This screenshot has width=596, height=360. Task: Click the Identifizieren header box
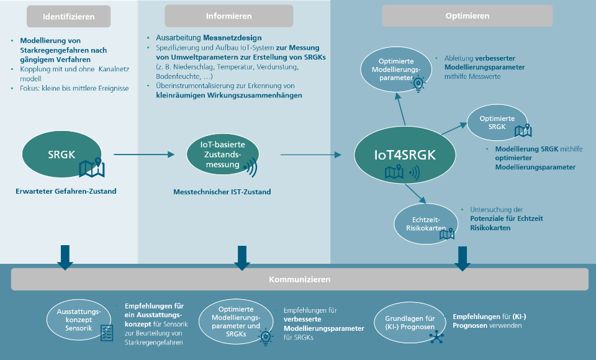pos(69,16)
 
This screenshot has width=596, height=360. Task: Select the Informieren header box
pos(228,16)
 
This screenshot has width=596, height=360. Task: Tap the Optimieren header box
pos(467,16)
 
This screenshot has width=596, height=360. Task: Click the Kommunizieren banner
pos(299,279)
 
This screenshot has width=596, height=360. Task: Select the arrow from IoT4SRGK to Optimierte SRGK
pos(454,128)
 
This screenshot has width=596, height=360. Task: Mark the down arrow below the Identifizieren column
pos(64,256)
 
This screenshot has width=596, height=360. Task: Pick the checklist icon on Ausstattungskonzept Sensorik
pos(107,333)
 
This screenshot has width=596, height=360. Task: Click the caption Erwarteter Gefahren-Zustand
pos(66,191)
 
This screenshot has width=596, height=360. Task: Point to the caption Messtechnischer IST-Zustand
pos(222,192)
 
